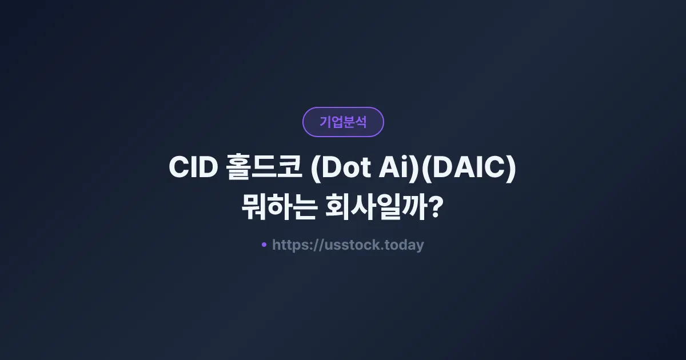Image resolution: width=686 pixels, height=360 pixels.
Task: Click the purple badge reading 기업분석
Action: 343,122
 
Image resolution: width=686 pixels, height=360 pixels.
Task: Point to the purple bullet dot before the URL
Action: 264,245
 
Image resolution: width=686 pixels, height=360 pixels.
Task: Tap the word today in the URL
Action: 405,245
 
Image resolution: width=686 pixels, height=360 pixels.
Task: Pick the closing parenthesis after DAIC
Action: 511,169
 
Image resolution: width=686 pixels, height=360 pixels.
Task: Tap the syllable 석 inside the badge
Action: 361,122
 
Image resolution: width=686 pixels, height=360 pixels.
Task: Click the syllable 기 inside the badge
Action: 325,122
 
